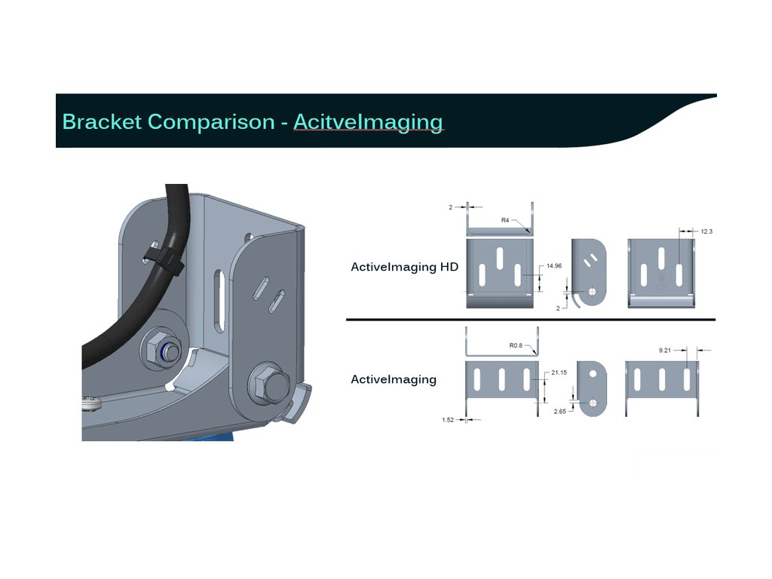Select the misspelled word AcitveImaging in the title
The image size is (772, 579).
[368, 121]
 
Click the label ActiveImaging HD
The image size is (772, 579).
[404, 267]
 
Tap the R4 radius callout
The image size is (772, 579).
[506, 220]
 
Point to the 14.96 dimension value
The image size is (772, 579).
[554, 266]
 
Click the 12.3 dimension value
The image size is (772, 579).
[706, 231]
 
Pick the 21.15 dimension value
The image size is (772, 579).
[559, 372]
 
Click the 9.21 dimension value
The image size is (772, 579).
[664, 350]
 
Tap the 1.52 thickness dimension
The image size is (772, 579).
[449, 420]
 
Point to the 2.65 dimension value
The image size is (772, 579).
[559, 412]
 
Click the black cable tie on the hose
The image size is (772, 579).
[163, 261]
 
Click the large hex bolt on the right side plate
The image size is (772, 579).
[269, 384]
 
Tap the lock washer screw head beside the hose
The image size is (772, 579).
[92, 404]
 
